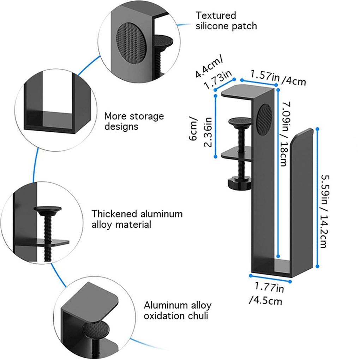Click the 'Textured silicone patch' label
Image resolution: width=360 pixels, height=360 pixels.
click(x=226, y=21)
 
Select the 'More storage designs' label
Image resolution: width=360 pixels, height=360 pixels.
click(x=134, y=121)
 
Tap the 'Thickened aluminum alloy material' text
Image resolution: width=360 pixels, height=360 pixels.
click(x=137, y=219)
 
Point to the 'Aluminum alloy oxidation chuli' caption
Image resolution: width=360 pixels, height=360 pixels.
click(x=178, y=310)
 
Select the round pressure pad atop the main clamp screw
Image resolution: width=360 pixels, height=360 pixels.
click(x=240, y=122)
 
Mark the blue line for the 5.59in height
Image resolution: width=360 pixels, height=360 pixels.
click(x=317, y=198)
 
